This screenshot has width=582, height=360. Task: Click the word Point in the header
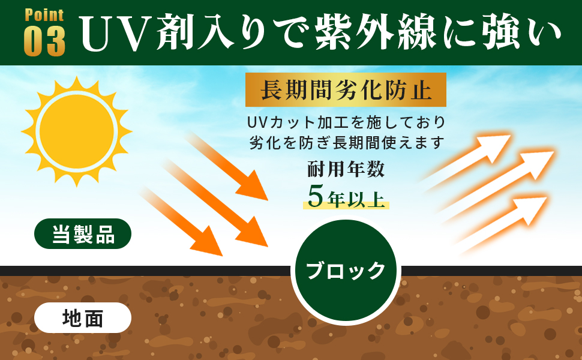tap(44, 15)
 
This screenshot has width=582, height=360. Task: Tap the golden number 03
tap(44, 41)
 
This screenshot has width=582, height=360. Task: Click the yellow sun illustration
tap(76, 130)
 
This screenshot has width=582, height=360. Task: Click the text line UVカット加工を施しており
tap(346, 122)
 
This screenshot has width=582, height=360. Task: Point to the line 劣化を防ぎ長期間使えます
tap(346, 143)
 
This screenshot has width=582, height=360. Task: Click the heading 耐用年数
tap(346, 169)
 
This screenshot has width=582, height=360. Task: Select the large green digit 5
tap(316, 195)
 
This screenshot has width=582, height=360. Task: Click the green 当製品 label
tap(83, 233)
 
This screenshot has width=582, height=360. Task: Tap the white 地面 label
tap(83, 318)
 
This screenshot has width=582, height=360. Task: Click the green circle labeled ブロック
tap(346, 271)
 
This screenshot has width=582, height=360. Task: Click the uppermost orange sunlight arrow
tap(228, 165)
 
